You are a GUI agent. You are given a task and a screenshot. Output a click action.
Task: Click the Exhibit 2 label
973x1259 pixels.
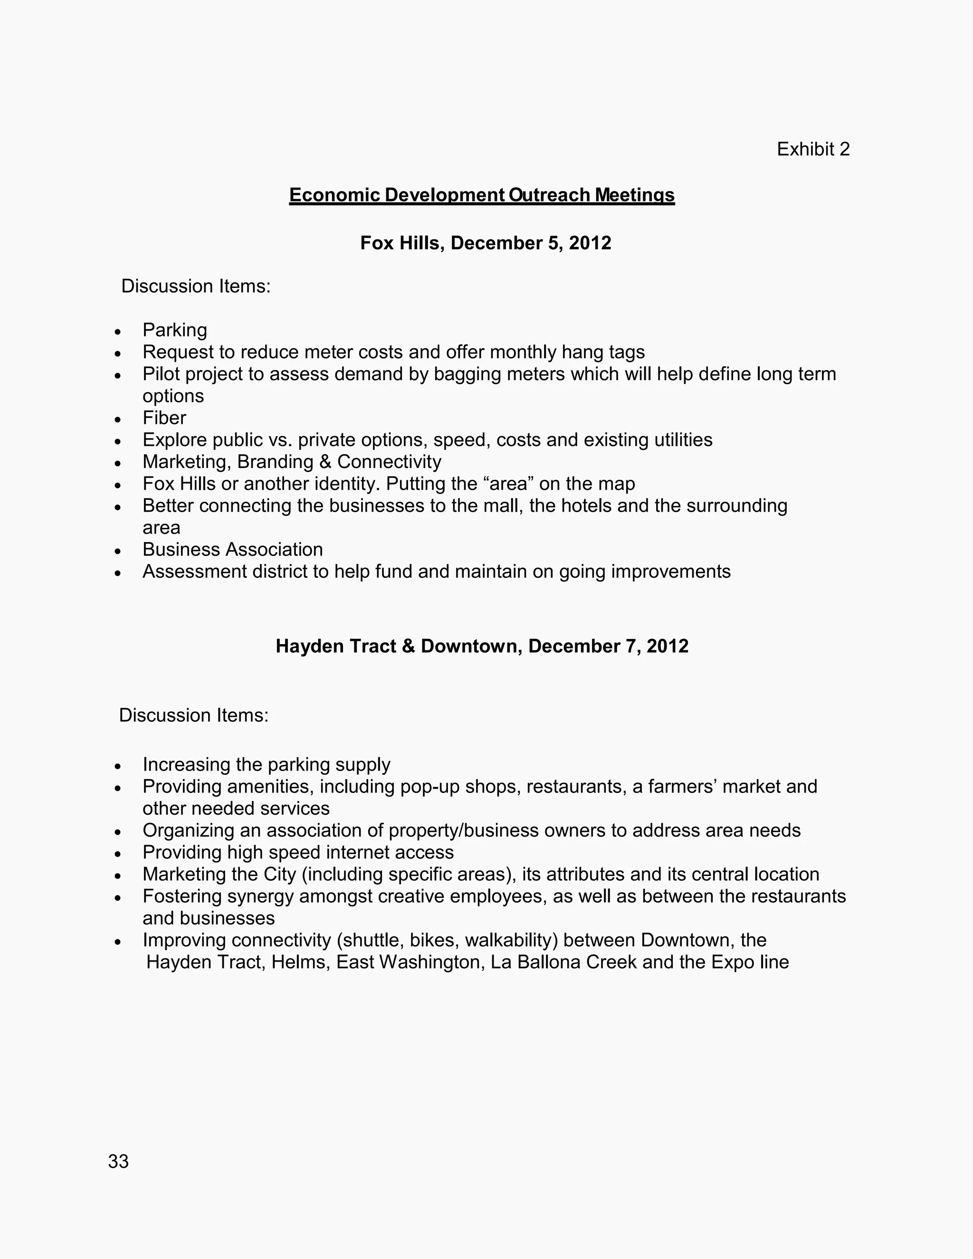tap(813, 149)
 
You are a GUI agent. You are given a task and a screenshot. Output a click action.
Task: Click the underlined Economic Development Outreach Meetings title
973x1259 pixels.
tap(481, 195)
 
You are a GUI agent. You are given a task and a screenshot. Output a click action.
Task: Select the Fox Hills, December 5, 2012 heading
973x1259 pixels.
tap(486, 243)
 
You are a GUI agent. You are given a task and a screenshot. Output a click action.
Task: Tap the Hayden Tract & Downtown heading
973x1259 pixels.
tap(482, 646)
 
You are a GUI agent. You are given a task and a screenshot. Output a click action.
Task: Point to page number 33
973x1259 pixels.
tap(118, 1161)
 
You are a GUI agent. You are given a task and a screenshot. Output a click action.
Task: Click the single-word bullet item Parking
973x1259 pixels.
tap(175, 330)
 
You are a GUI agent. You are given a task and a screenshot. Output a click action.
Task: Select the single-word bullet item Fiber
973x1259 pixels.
tap(164, 418)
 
